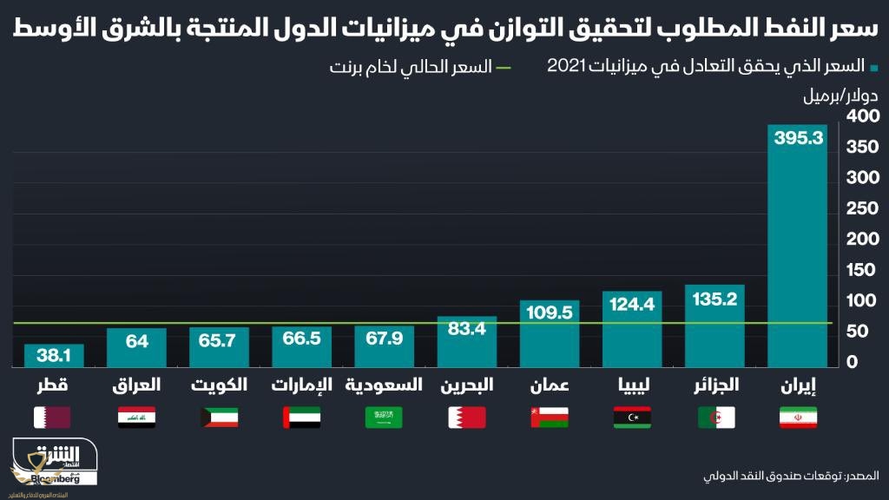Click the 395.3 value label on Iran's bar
798,139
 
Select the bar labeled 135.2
715,326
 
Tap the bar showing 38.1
54,356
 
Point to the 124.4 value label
633,305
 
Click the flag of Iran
798,418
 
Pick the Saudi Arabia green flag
384,418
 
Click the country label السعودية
385,385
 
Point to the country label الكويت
219,385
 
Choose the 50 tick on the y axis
859,332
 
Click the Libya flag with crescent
633,418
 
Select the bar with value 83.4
467,343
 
